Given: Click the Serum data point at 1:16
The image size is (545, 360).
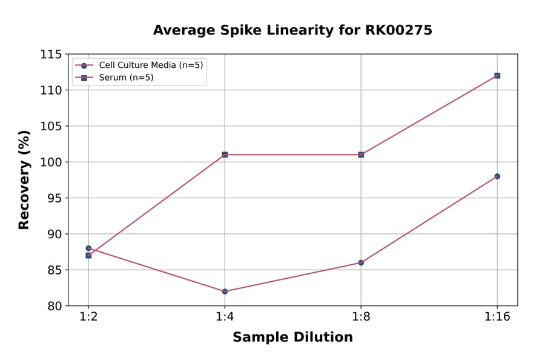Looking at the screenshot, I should (497, 76).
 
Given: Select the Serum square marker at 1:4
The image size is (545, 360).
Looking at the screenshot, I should (225, 155).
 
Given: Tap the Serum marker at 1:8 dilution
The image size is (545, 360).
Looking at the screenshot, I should (361, 155).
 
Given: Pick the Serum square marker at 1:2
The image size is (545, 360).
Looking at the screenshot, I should (88, 255).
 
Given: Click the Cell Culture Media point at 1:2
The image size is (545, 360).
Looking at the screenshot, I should (88, 248).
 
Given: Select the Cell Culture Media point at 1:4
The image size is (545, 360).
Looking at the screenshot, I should (225, 291).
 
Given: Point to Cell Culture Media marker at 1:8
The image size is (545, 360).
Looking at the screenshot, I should (361, 262).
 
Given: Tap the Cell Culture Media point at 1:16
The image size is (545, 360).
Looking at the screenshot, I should (497, 176).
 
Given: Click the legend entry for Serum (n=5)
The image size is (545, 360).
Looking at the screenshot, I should (122, 78).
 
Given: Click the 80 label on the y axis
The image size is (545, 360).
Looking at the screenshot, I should (54, 306).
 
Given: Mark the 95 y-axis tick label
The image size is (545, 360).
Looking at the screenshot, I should (54, 198).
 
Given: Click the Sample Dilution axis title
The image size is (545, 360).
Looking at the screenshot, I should (292, 338).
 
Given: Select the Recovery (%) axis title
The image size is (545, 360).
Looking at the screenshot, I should (24, 180).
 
